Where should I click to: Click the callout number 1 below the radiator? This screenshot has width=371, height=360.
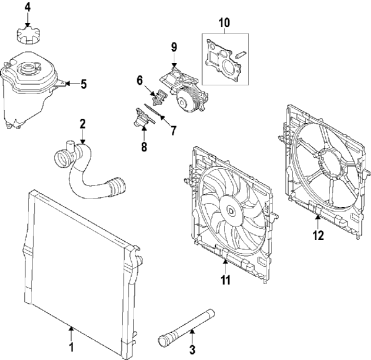point(71,347)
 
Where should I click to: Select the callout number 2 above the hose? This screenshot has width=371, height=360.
point(82,124)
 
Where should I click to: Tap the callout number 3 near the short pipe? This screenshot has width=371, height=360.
point(192,349)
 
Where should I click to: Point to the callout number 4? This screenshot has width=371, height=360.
point(27,7)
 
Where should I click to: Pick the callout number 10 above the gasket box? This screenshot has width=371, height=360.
point(224,24)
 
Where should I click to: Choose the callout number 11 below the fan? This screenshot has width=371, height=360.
point(226,280)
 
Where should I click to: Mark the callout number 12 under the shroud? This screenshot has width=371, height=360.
point(317,234)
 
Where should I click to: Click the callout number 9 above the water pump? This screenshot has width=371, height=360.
point(174,47)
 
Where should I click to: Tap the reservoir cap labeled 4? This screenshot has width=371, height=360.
point(27,35)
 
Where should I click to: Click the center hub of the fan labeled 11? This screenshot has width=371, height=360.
point(231,212)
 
